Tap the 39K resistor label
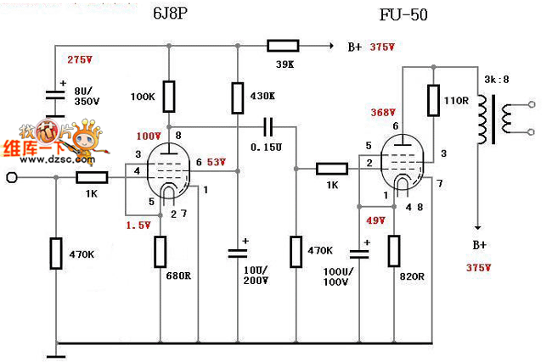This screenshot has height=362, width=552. (283, 64)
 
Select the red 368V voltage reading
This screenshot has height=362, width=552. (384, 113)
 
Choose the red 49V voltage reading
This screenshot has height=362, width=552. (376, 220)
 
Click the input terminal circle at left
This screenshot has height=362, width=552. (12, 178)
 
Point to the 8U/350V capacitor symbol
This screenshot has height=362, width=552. (54, 97)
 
